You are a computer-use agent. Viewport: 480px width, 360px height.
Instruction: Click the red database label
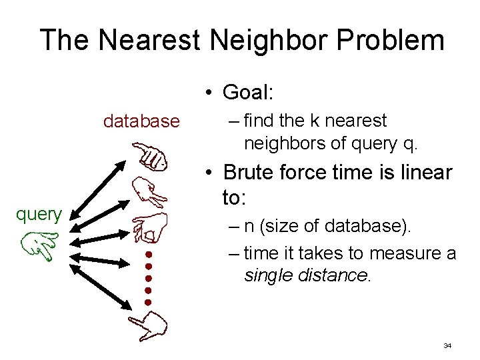141,121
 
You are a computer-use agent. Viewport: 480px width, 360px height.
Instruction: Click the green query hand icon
39,245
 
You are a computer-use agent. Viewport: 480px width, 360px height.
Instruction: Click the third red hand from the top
149,227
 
